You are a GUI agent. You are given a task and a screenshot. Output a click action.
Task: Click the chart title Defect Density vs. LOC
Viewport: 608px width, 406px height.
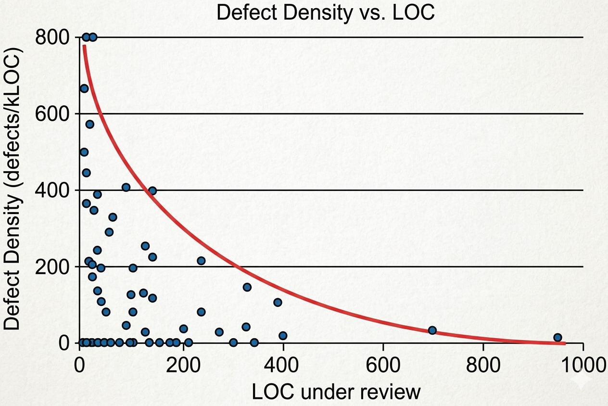point(326,13)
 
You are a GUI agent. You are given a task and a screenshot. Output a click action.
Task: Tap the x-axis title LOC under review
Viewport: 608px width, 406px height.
point(336,393)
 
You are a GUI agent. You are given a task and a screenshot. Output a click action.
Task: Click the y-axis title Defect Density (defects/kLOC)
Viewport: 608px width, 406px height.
point(13,189)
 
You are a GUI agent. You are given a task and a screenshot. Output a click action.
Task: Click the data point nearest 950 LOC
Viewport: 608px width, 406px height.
point(557,337)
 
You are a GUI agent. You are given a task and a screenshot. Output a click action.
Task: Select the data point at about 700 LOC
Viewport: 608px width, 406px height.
point(432,330)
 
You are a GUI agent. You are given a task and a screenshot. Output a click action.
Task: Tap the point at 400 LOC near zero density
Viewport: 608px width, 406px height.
point(283,335)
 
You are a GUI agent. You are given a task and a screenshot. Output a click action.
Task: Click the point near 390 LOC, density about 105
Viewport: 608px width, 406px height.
point(278,302)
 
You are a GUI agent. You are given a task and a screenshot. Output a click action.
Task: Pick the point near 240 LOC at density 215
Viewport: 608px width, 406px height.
point(201,261)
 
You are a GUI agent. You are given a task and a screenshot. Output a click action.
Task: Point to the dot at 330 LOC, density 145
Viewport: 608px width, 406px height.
point(247,287)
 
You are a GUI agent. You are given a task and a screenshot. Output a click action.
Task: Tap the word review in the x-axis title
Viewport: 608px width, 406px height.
point(392,393)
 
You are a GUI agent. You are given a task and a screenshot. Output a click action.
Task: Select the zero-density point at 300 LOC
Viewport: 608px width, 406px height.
point(233,343)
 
